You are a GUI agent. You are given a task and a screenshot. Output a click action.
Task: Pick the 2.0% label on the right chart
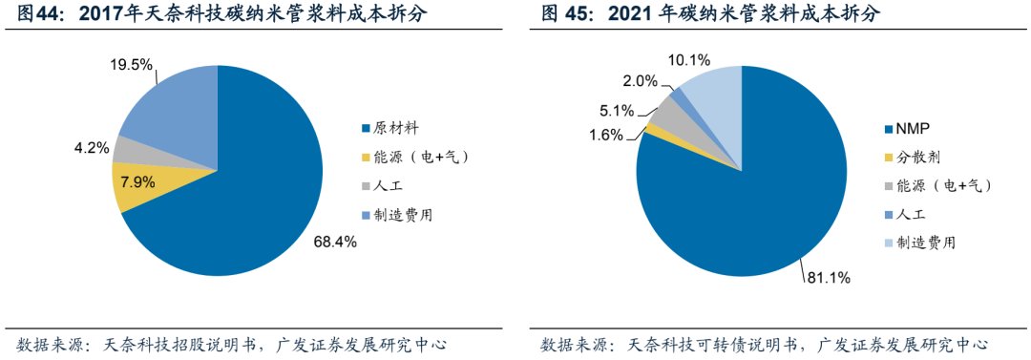pyautogui.click(x=642, y=80)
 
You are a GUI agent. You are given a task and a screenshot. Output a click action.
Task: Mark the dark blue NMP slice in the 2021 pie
pyautogui.click(x=754, y=201)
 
